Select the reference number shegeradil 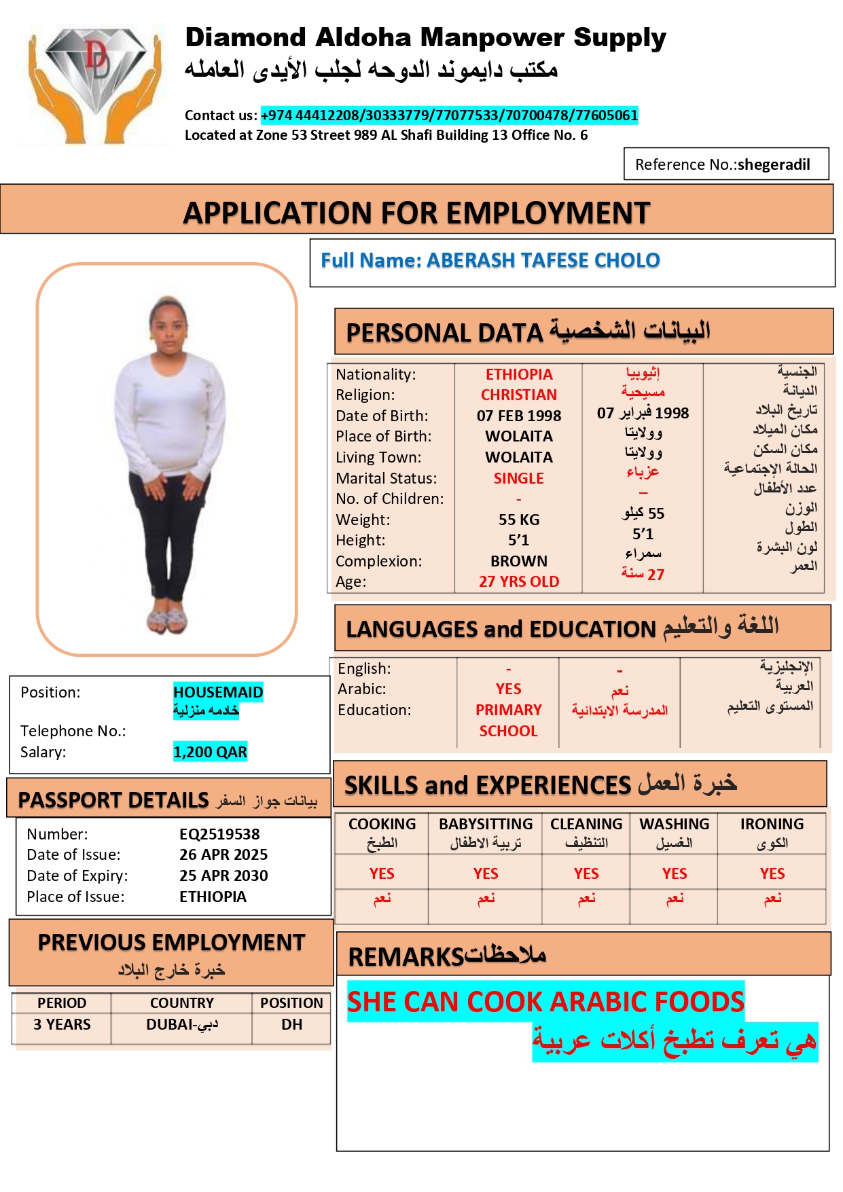coord(773,164)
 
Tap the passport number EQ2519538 coord(219,834)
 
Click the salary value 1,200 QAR coord(210,752)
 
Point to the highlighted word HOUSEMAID coord(218,692)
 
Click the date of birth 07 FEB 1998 coord(519,416)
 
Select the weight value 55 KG coord(519,520)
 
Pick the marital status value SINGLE coord(518,478)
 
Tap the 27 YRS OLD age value coord(519,581)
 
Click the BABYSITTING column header coord(486,824)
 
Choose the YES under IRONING coord(772,873)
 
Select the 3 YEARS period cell coord(62,1024)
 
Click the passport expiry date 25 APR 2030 coord(223,875)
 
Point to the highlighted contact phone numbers coord(449,115)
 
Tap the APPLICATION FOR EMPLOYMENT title coord(416,213)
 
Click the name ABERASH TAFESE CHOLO coord(543,260)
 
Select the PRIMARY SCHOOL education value coord(508,720)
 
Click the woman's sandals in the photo coord(167,619)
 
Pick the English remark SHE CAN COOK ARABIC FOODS coord(545,1002)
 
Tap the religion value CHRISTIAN coord(519,395)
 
